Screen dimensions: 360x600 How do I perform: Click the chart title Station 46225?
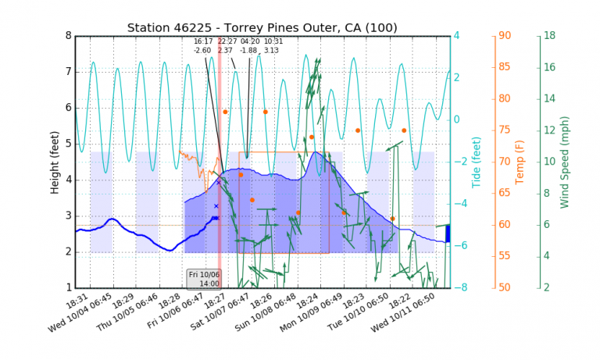[x=262, y=28]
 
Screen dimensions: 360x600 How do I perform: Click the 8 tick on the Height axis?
[x=68, y=35]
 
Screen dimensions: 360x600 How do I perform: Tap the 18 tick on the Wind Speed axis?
[x=549, y=35]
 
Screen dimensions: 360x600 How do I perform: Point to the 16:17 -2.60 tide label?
[x=203, y=45]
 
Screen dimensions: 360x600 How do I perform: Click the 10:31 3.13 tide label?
[x=273, y=45]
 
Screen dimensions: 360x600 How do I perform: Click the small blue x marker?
[x=216, y=206]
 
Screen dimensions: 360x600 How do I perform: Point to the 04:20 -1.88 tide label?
[x=250, y=45]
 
